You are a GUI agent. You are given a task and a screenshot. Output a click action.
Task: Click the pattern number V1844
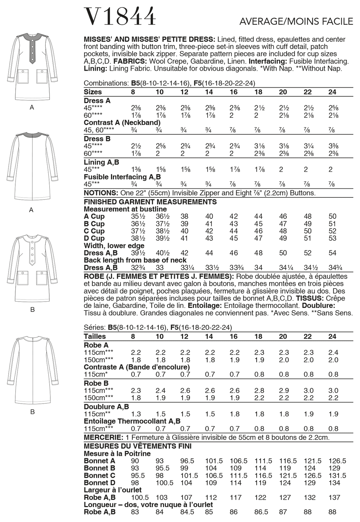pyautogui.click(x=120, y=16)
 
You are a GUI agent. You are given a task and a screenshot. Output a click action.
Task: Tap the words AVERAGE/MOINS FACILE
pyautogui.click(x=296, y=22)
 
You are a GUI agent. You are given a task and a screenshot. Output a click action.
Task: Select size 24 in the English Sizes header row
pyautogui.click(x=332, y=92)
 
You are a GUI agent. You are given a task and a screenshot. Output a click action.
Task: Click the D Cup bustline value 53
pyautogui.click(x=332, y=238)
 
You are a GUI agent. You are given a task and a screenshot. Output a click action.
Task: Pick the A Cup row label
pyautogui.click(x=94, y=216)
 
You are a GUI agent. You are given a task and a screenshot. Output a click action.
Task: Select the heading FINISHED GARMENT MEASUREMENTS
pyautogui.click(x=150, y=202)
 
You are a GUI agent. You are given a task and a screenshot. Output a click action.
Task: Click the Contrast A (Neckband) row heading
pyautogui.click(x=122, y=123)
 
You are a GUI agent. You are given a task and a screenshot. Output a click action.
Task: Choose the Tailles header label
pyautogui.click(x=95, y=337)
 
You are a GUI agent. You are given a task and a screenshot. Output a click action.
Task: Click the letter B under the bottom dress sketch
pyautogui.click(x=32, y=412)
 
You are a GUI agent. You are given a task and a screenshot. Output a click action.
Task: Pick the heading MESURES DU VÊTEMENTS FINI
pyautogui.click(x=138, y=446)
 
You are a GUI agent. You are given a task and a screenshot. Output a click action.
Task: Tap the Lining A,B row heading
pyautogui.click(x=101, y=162)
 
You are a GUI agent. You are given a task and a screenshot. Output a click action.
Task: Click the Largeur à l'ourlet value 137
pyautogui.click(x=334, y=497)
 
